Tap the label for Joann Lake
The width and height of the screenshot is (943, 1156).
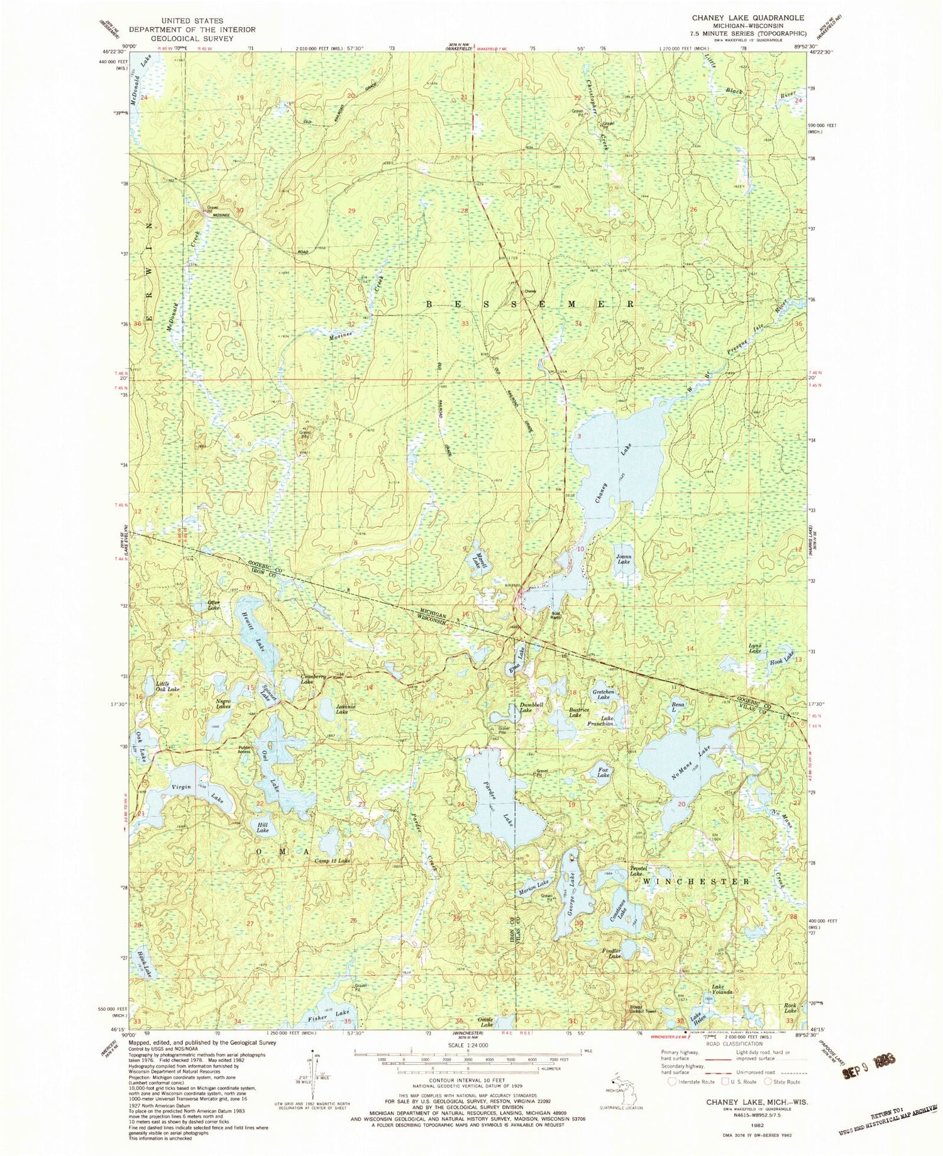pos(623,559)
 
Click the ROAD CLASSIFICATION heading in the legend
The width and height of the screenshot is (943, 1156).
pos(729,1043)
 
